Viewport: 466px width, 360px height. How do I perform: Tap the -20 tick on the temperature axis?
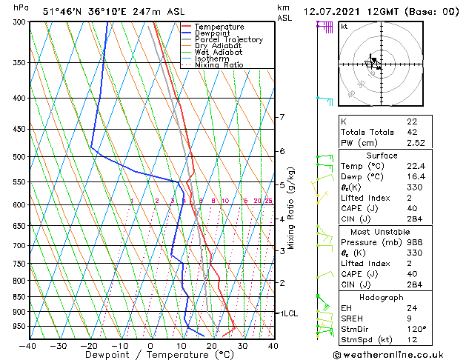point(89,345)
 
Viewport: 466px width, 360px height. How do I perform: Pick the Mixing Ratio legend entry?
point(219,65)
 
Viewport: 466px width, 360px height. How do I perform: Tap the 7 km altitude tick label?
point(282,117)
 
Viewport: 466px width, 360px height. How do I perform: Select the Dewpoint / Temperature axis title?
point(150,355)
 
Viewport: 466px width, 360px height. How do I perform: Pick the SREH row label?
point(352,319)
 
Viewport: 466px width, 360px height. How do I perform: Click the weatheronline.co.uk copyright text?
point(399,354)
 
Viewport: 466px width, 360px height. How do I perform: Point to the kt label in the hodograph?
point(344,26)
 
